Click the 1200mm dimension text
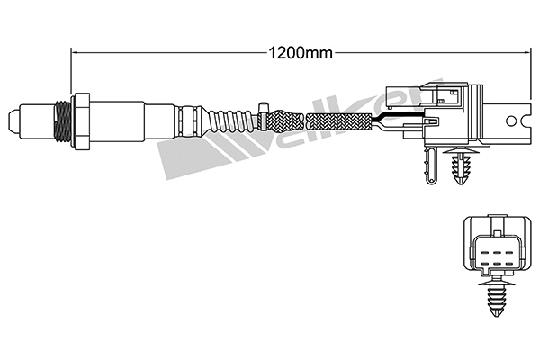(x=301, y=52)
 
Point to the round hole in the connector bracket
(x=512, y=120)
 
